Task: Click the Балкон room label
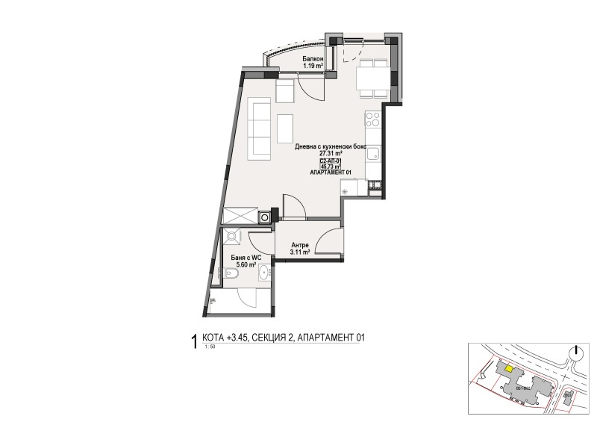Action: (312, 58)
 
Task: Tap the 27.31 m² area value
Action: (329, 154)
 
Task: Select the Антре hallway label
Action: (300, 245)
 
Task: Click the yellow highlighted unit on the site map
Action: (507, 367)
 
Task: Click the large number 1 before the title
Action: (195, 342)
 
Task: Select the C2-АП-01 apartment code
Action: (330, 161)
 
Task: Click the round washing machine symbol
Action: (264, 217)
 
